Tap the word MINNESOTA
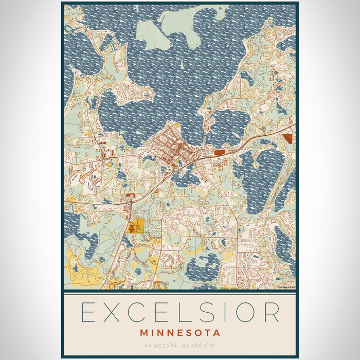[x=179, y=333]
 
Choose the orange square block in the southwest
[x=137, y=225]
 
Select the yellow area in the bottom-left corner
[x=77, y=267]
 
